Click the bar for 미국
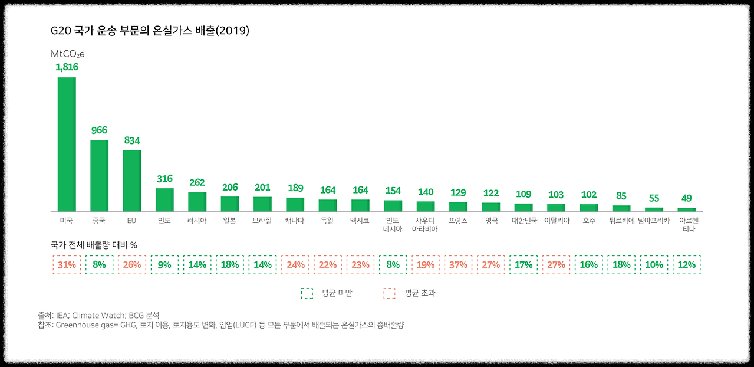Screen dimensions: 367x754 click(67, 144)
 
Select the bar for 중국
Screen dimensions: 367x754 click(99, 175)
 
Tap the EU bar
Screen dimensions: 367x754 click(132, 180)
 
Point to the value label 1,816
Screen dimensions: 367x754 click(67, 67)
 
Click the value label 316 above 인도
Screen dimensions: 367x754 click(164, 179)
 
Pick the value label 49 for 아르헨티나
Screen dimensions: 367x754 click(686, 198)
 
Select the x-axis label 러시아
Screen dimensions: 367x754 click(197, 221)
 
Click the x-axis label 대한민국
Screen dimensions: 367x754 click(523, 221)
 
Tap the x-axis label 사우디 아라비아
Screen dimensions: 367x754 click(425, 225)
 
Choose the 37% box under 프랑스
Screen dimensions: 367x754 click(458, 265)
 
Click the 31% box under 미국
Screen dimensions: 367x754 click(67, 265)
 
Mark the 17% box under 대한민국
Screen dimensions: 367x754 click(523, 265)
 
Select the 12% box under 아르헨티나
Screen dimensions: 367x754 click(686, 265)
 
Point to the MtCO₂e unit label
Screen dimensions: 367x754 click(68, 54)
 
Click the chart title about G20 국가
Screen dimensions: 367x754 click(150, 31)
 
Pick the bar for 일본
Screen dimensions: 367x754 click(230, 204)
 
